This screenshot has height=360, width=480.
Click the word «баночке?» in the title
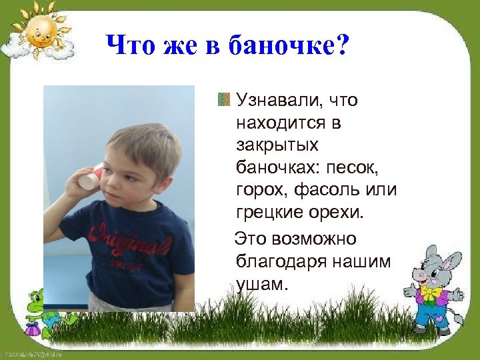click(289, 46)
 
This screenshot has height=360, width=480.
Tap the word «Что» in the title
click(131, 46)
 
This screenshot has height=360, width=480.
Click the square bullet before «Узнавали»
click(223, 101)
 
